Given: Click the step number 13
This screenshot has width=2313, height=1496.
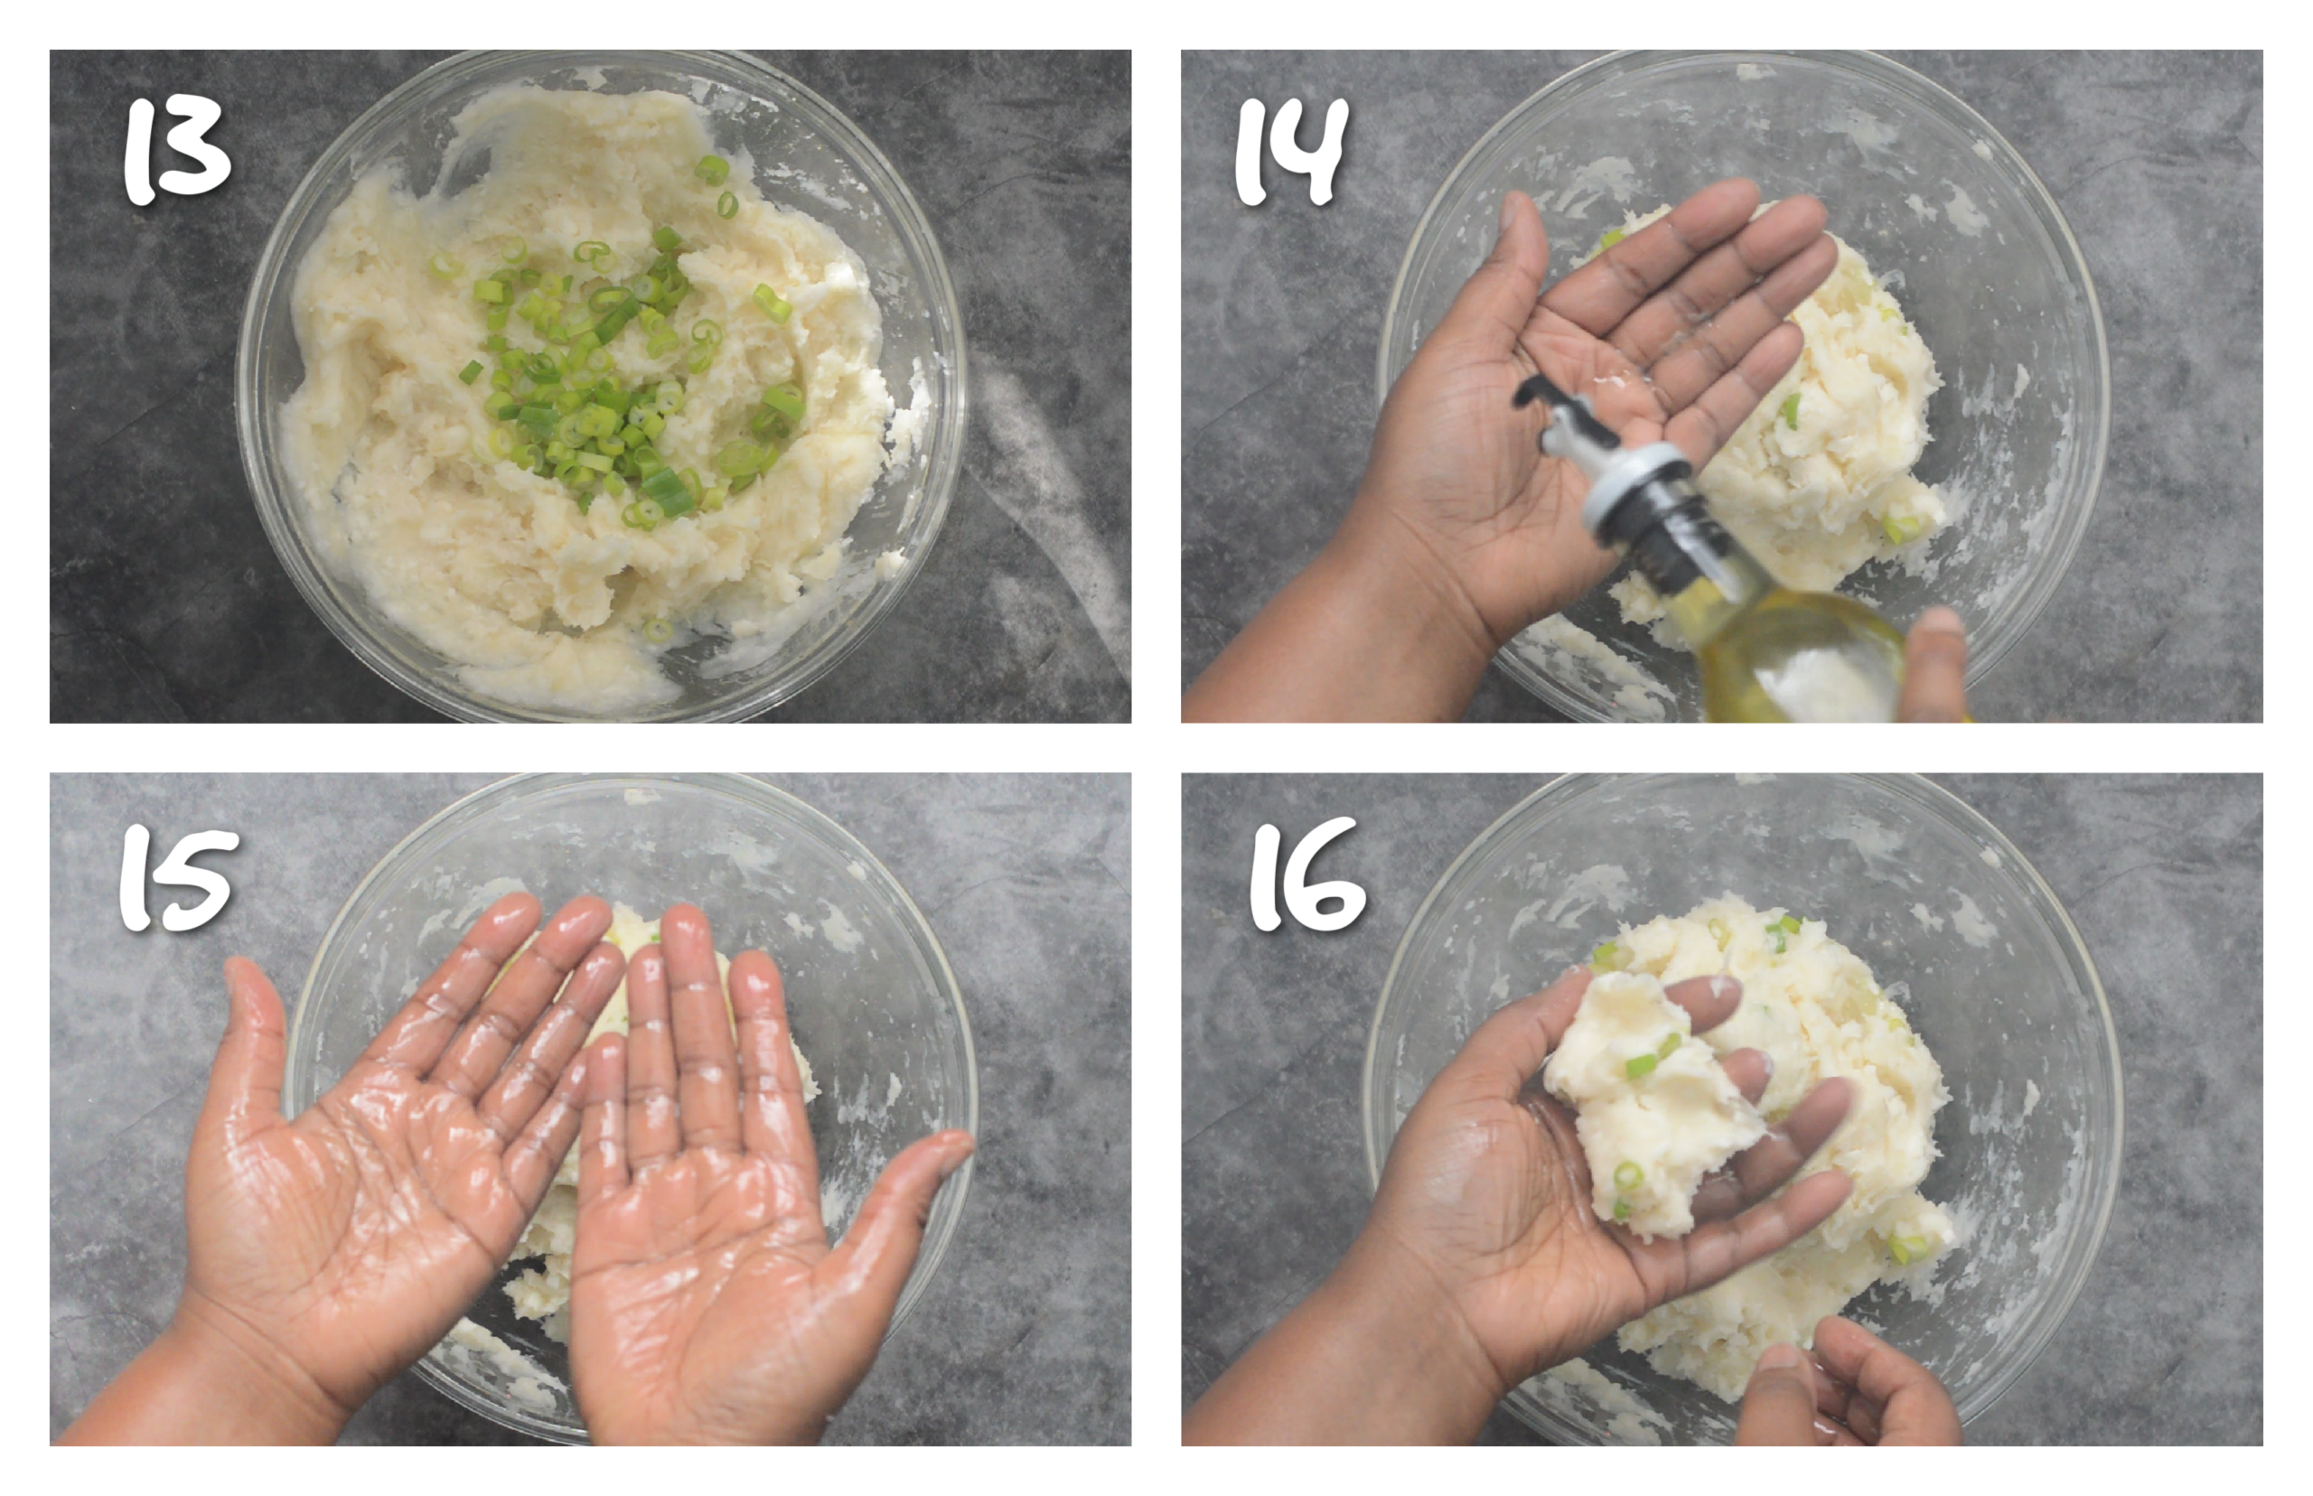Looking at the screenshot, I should (x=177, y=152).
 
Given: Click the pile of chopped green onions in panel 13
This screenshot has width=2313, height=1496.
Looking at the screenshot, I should (x=612, y=379).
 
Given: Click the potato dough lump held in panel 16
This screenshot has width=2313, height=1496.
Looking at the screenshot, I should (x=1652, y=1108).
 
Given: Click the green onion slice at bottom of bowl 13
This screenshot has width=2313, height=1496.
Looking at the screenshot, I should (x=658, y=630).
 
